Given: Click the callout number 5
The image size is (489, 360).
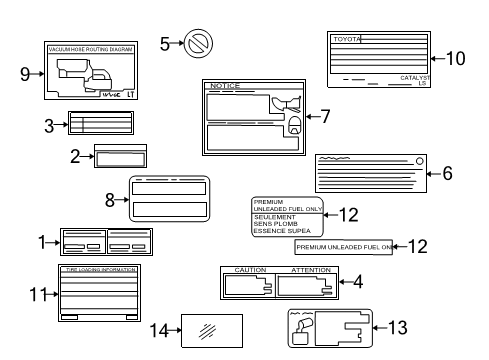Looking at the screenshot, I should (164, 43).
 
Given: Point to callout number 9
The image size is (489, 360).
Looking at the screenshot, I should (24, 72).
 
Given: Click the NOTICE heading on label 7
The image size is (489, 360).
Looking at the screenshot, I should (226, 86).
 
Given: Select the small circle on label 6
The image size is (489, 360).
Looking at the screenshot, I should (420, 162).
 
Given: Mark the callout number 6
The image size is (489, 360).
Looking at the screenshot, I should (448, 173).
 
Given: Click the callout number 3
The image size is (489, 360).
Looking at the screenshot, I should (48, 125).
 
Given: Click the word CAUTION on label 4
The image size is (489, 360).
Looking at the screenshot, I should (250, 270).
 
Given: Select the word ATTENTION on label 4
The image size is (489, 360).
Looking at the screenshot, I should (310, 270).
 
